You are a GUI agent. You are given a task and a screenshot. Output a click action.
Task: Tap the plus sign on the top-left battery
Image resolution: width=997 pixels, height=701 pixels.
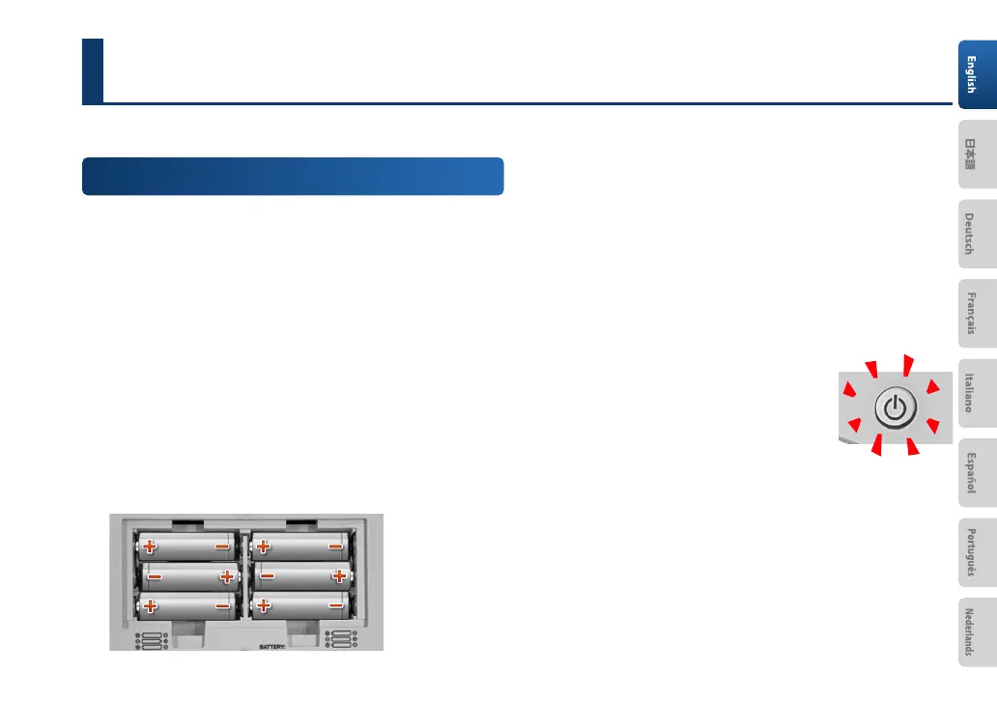pyautogui.click(x=150, y=547)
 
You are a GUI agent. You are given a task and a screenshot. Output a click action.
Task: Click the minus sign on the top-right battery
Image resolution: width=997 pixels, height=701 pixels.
pyautogui.click(x=335, y=547)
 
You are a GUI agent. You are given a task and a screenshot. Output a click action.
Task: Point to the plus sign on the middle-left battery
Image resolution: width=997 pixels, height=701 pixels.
pyautogui.click(x=227, y=576)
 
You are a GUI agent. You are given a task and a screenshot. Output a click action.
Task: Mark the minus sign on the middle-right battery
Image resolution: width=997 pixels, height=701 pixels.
pyautogui.click(x=268, y=576)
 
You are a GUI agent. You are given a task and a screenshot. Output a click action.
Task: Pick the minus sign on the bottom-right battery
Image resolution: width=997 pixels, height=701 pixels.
pyautogui.click(x=335, y=605)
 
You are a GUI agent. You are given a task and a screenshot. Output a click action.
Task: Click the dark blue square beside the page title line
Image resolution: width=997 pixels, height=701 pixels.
pyautogui.click(x=93, y=70)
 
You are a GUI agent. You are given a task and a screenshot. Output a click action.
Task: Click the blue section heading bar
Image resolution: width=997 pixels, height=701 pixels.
pyautogui.click(x=293, y=177)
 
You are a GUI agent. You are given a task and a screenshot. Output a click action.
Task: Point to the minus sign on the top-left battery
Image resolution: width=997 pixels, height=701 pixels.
pyautogui.click(x=222, y=547)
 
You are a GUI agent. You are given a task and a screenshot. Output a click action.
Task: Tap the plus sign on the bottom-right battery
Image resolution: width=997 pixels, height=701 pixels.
pyautogui.click(x=262, y=605)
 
